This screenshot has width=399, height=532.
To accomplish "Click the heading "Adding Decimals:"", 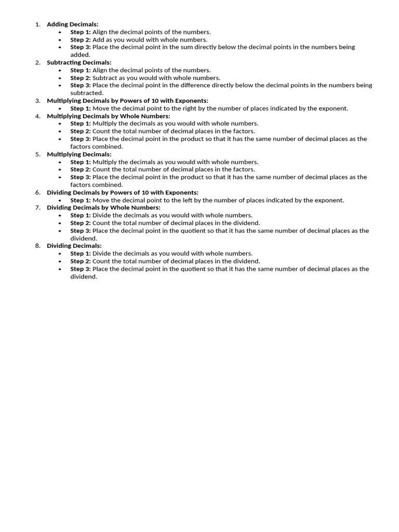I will click(x=72, y=24).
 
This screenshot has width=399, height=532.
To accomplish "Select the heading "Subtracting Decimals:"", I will click(x=79, y=62).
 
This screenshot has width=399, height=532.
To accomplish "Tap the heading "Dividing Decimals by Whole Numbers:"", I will click(x=103, y=208).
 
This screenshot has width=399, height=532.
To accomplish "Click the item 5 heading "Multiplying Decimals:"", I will click(x=79, y=154).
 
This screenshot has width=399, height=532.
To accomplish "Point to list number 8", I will click(x=37, y=246).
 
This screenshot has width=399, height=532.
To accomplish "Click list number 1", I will click(x=37, y=24).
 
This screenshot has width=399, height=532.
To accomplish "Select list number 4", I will click(x=37, y=116).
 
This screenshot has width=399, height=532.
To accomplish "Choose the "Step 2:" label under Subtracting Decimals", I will click(x=81, y=78).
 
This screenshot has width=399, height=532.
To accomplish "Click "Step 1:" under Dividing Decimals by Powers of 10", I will click(x=81, y=200).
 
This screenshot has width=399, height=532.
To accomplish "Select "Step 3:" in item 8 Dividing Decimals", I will click(x=81, y=269).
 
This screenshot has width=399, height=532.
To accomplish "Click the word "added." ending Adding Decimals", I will click(x=81, y=55).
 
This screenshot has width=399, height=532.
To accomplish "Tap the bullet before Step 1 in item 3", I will click(x=60, y=109).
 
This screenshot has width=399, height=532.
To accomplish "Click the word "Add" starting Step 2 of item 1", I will click(x=99, y=39).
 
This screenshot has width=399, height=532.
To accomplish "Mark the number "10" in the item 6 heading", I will click(x=139, y=193).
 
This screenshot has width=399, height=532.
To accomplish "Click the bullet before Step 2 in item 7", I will click(x=60, y=223).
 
